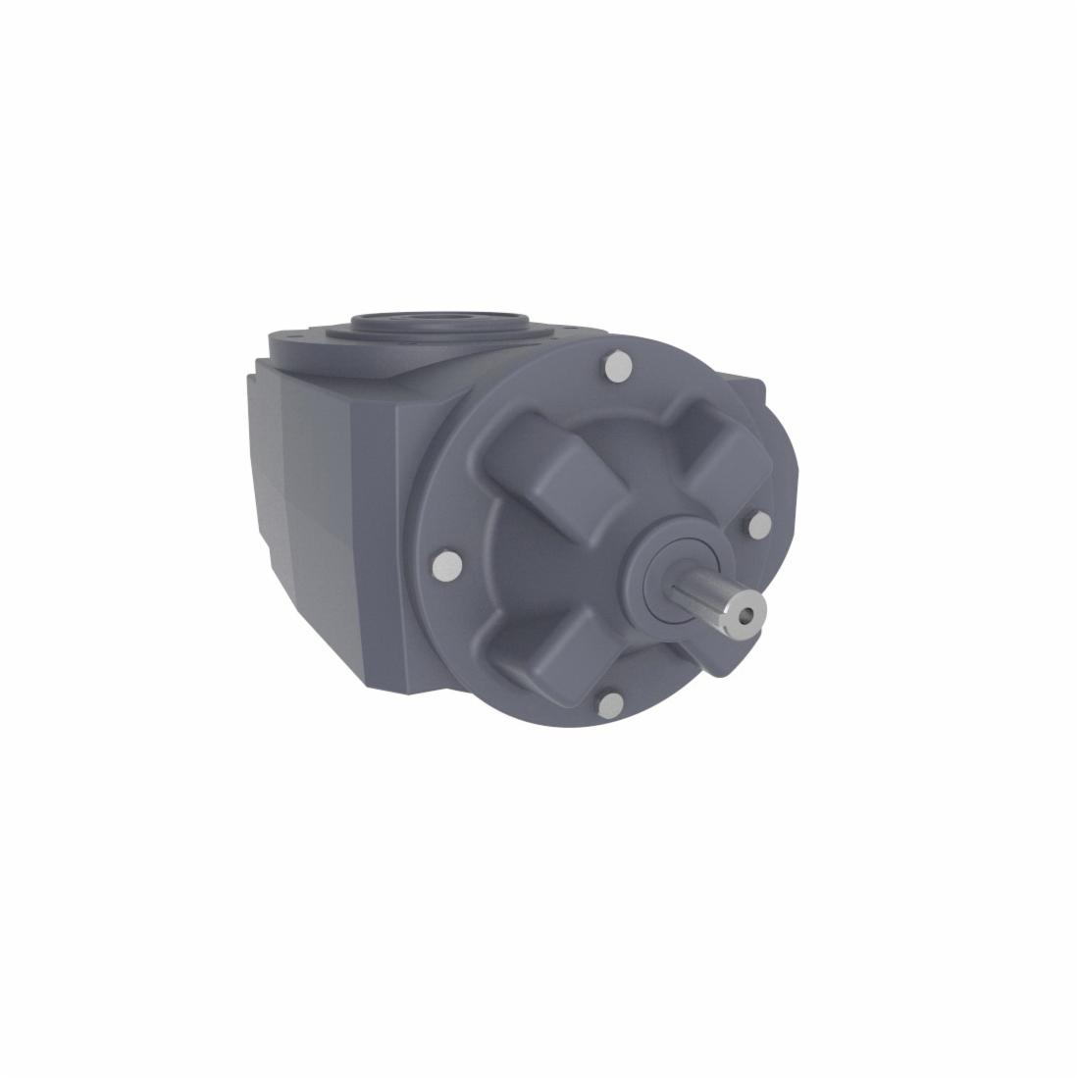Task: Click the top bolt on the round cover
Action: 618,367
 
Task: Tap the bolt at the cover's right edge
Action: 758,527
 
